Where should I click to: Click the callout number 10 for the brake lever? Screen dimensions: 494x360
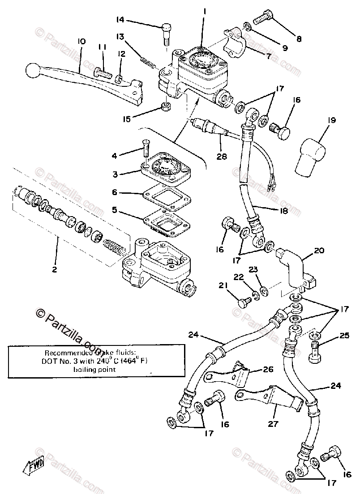pos(81,42)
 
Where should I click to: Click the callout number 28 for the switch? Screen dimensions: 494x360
pos(221,156)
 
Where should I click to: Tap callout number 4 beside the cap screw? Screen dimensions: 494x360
pos(115,156)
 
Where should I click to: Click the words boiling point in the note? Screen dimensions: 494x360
pos(95,370)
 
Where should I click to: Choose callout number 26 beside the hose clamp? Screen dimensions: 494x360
pos(267,370)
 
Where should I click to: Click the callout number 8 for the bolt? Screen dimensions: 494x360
pos(299,39)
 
